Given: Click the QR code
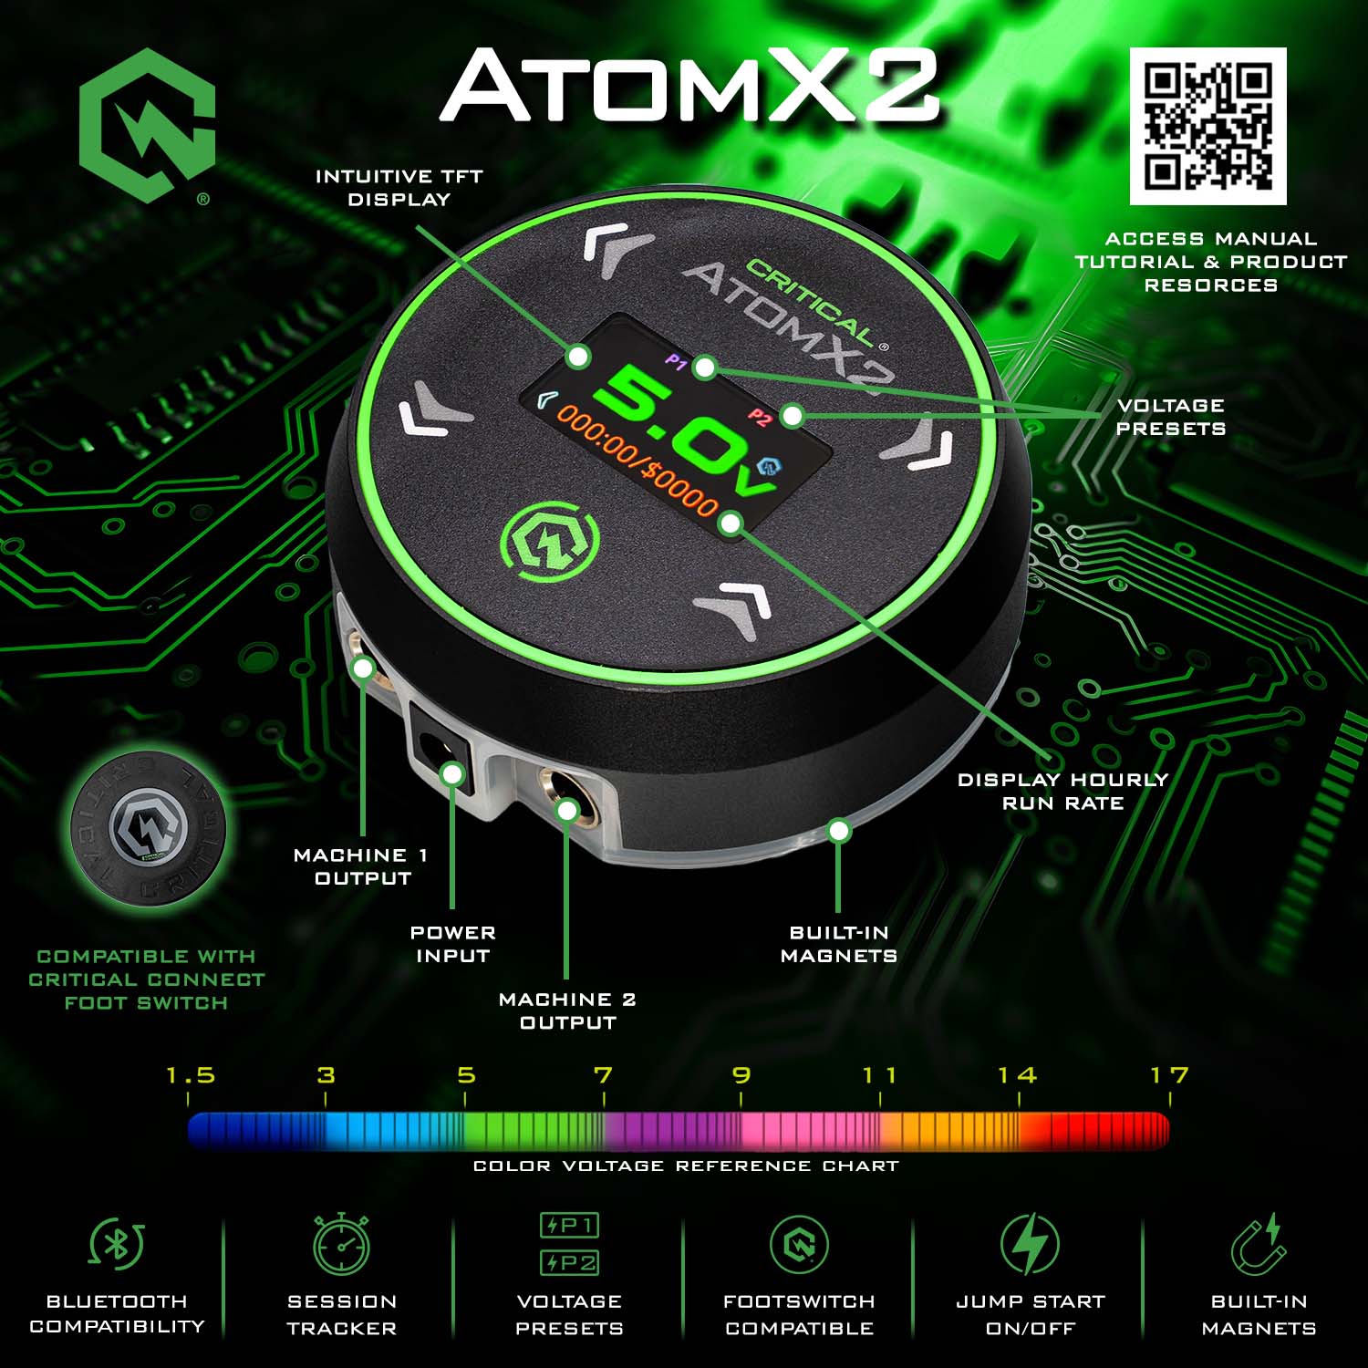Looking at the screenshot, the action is (1208, 126).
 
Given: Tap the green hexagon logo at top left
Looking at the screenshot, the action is (147, 125).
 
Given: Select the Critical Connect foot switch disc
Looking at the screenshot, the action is (149, 828).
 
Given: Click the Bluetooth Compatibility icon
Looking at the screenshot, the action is (117, 1243).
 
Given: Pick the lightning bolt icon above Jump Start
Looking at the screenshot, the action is (1030, 1243).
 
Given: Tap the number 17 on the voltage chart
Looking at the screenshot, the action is (1169, 1075).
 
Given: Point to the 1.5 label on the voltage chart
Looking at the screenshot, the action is (191, 1075).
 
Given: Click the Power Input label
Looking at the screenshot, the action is (453, 944).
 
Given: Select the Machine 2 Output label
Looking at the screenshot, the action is (567, 1010).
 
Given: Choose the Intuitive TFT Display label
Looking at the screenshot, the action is (399, 188).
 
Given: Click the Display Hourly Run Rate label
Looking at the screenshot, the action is (1063, 791).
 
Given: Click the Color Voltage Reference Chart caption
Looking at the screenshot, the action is (686, 1166).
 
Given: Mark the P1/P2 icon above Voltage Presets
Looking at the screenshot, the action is (569, 1243).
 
